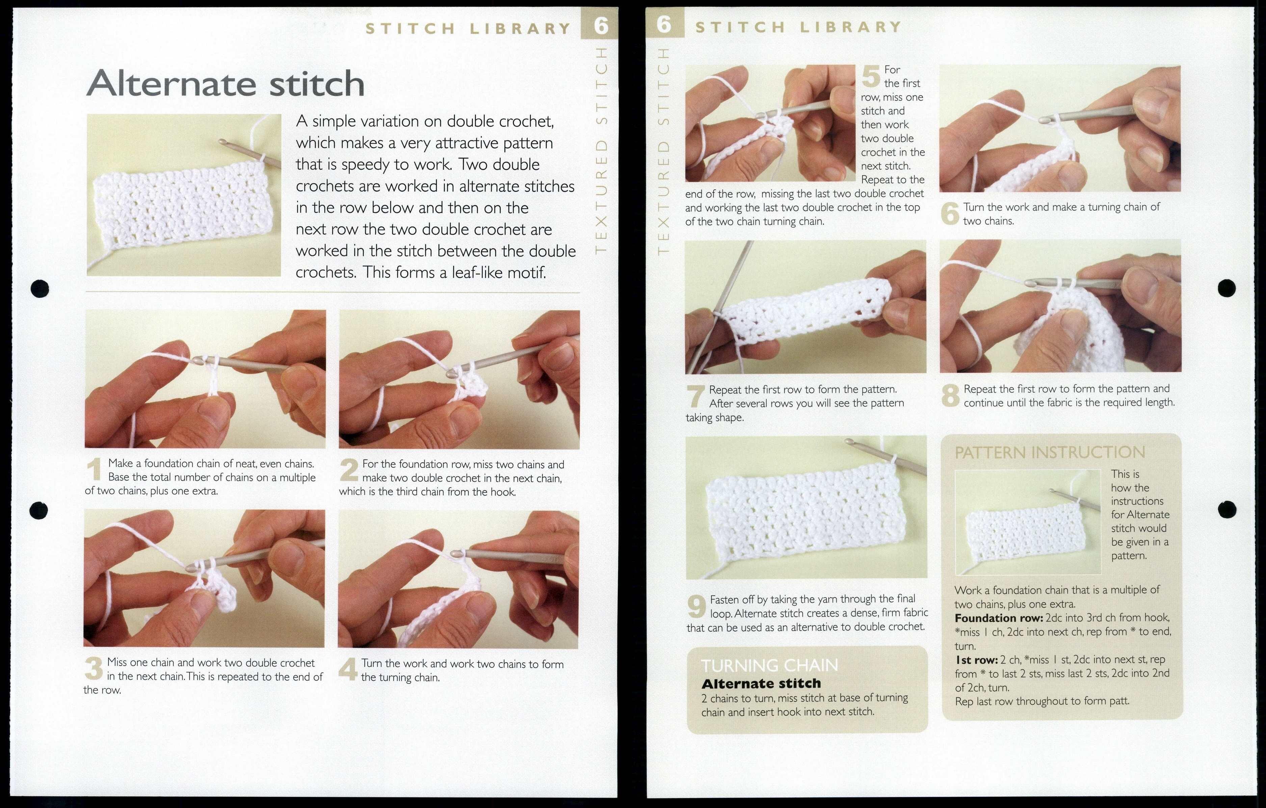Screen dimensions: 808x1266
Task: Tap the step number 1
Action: (x=94, y=469)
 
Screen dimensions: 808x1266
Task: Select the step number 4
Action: (x=348, y=669)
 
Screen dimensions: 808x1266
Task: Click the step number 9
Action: (x=696, y=607)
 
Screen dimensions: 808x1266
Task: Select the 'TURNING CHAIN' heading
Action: (x=769, y=666)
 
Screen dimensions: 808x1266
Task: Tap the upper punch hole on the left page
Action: (x=40, y=288)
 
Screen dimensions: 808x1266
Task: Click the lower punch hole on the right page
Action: (x=1227, y=509)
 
